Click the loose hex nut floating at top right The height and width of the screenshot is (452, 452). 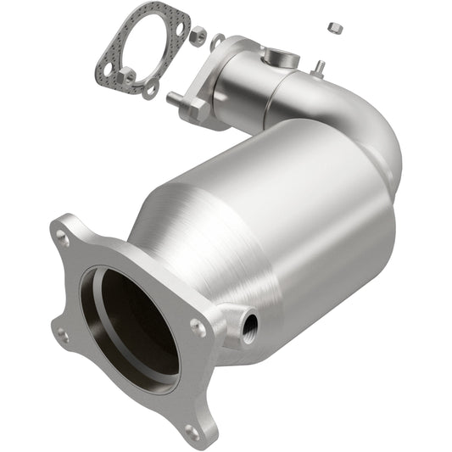click(x=335, y=27)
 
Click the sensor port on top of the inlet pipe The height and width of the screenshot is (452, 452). click(x=278, y=57)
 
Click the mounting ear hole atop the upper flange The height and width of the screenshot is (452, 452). click(x=218, y=40)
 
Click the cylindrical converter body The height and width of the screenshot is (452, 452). click(x=280, y=220)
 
